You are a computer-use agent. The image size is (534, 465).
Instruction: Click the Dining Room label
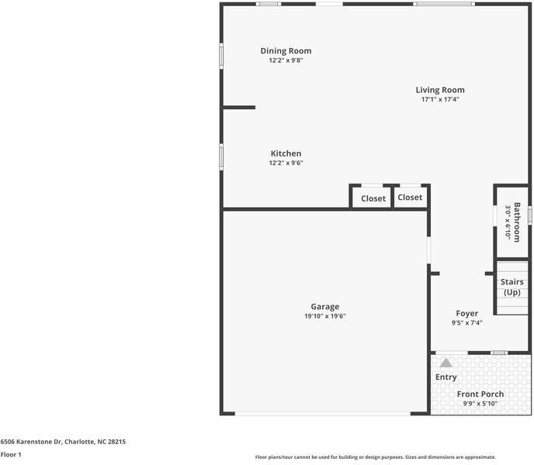[x=286, y=51]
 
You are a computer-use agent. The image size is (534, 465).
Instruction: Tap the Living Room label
[x=440, y=90]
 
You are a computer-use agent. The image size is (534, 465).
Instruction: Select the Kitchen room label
[x=286, y=153]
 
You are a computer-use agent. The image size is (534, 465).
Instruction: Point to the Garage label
[x=325, y=306]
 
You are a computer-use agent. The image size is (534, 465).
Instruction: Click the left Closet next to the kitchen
[x=373, y=198]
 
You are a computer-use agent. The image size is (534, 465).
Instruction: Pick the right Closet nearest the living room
[x=410, y=198]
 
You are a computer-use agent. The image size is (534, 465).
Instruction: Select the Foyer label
[x=466, y=313]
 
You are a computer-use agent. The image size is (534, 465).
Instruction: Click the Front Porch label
[x=480, y=394]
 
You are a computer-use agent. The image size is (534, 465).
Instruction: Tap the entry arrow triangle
[x=446, y=362]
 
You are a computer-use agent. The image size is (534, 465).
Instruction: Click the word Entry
[x=446, y=377]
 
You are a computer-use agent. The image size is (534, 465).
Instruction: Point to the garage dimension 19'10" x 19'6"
[x=324, y=316]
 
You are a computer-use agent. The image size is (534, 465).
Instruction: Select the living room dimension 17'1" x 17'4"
[x=440, y=99]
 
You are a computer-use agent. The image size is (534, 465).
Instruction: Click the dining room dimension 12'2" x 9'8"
[x=286, y=60]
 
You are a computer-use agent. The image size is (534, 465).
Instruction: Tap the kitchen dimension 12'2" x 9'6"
[x=286, y=163]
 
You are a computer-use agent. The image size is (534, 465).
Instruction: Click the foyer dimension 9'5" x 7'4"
[x=466, y=323]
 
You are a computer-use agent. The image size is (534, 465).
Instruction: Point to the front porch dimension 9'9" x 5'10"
[x=480, y=404]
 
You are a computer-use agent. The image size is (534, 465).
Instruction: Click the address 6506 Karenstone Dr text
[x=63, y=442]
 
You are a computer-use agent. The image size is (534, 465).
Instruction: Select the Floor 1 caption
[x=11, y=454]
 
